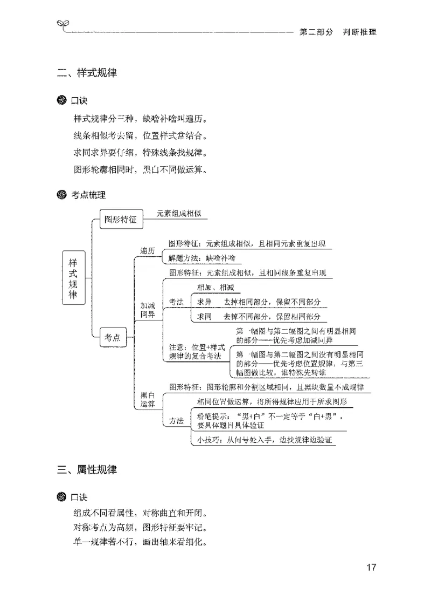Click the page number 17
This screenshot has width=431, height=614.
click(x=371, y=567)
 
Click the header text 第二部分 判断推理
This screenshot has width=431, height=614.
click(x=338, y=32)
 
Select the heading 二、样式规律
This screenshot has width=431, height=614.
click(x=87, y=73)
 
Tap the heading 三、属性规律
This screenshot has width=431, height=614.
click(x=87, y=470)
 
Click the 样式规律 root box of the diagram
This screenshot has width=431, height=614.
click(x=73, y=278)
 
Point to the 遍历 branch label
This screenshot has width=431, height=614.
click(x=148, y=251)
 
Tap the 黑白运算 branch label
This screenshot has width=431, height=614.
click(x=148, y=399)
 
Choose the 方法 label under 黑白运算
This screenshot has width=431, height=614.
click(x=176, y=421)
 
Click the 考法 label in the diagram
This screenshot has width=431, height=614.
click(x=176, y=302)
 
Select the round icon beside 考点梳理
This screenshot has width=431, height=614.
click(x=62, y=194)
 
